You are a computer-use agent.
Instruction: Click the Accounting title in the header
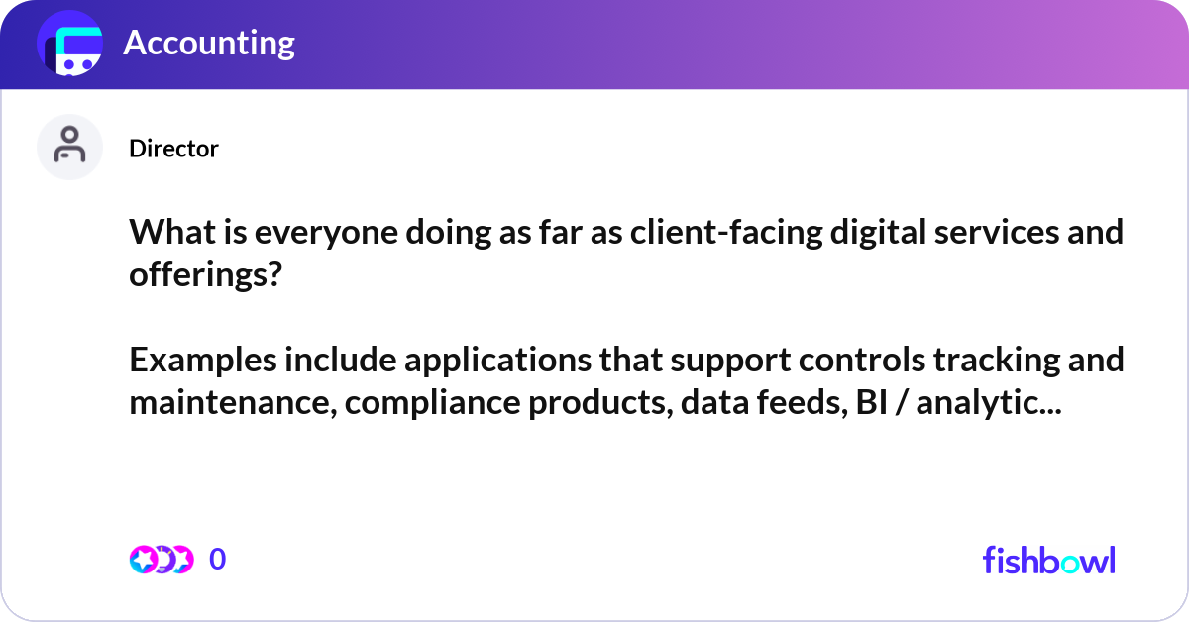pyautogui.click(x=209, y=44)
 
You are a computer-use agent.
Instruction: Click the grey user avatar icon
pyautogui.click(x=69, y=147)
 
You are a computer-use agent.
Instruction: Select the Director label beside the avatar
pyautogui.click(x=173, y=149)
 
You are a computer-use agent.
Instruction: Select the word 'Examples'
pyautogui.click(x=201, y=361)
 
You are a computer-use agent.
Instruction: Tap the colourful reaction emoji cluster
pyautogui.click(x=161, y=560)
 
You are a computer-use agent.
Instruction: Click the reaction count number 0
pyautogui.click(x=217, y=560)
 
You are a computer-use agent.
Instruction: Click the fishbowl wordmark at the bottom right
pyautogui.click(x=1048, y=560)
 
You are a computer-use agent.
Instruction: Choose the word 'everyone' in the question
pyautogui.click(x=312, y=233)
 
